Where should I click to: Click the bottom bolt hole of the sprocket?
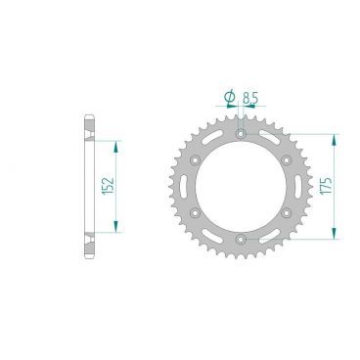pos(241,237)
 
